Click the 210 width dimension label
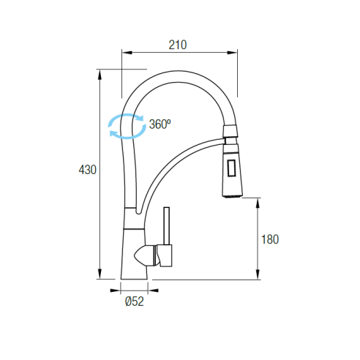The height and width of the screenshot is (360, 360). click(178, 45)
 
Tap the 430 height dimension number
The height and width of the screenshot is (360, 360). click(87, 170)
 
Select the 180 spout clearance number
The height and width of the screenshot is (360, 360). click(270, 239)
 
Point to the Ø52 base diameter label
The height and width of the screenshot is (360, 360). click(135, 301)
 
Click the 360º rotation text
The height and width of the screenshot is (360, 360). click(160, 124)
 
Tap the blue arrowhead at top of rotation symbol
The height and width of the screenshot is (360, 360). click(140, 118)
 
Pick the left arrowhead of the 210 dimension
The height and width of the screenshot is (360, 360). click(127, 53)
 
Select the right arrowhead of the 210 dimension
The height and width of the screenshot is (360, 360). click(232, 53)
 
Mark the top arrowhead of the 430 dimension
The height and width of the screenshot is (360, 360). click(100, 75)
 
